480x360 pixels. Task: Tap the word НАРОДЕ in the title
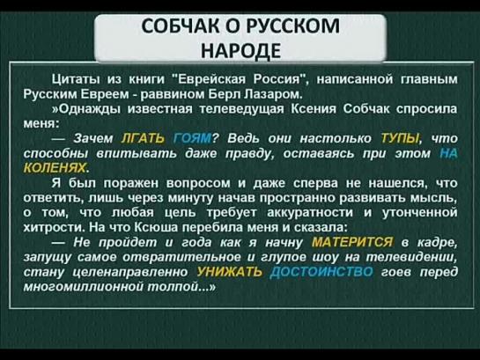(240, 50)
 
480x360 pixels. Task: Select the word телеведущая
(242, 109)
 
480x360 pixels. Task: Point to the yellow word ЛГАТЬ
(144, 138)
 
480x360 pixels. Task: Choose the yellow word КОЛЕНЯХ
(56, 167)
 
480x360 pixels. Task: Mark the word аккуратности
(310, 213)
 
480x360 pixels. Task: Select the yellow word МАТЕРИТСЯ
(352, 242)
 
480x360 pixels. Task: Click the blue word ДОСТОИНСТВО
(321, 272)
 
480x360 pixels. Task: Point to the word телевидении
(411, 257)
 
